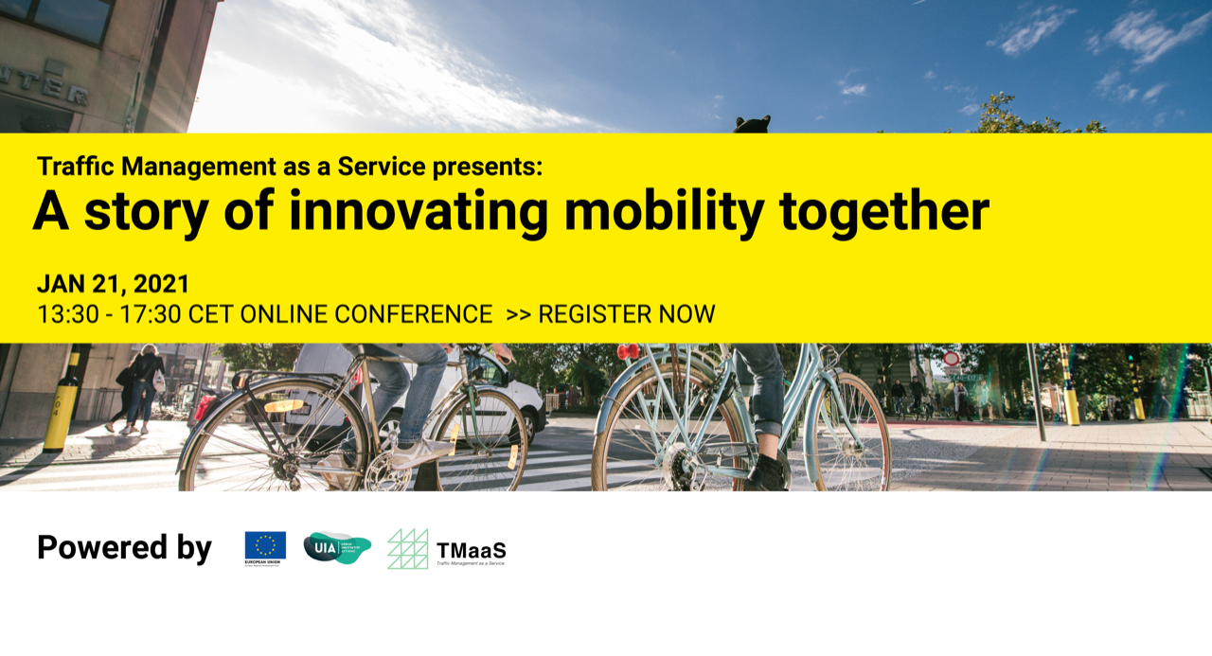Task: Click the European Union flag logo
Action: point(265,546)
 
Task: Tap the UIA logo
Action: point(337,547)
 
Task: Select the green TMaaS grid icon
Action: point(408,549)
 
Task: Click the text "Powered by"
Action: point(124,548)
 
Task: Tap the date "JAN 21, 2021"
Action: point(114,284)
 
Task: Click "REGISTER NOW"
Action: point(626,314)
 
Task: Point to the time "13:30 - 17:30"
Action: point(109,314)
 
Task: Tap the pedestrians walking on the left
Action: point(137,388)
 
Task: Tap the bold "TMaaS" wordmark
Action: point(471,549)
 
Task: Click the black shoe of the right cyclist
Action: point(767,470)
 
